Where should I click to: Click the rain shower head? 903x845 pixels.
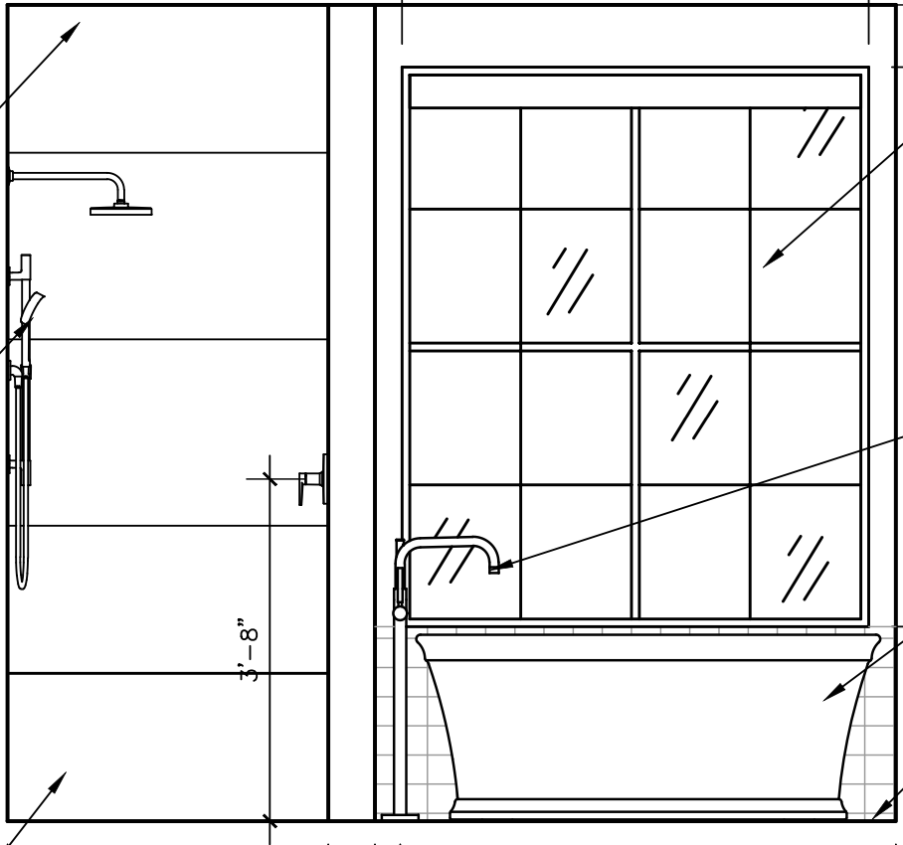click(x=121, y=209)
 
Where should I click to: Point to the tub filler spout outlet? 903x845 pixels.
click(x=493, y=569)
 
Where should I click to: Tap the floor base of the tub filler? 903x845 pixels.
click(x=400, y=817)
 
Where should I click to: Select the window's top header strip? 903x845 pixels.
click(x=634, y=91)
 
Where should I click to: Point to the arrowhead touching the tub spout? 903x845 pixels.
click(x=499, y=567)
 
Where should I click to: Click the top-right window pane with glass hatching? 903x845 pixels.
click(x=805, y=157)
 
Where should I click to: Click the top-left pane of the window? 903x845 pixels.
click(x=464, y=157)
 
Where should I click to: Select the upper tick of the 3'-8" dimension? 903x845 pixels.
click(x=270, y=478)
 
